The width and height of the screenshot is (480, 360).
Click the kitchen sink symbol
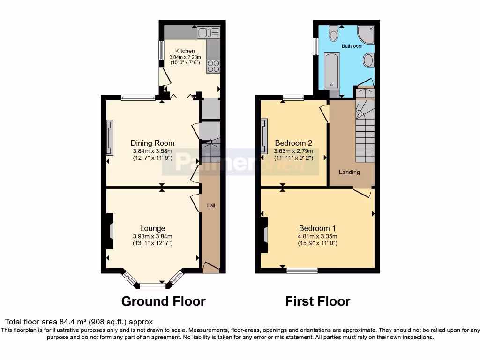pyautogui.click(x=209, y=32)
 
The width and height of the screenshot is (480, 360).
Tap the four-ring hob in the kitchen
pyautogui.click(x=213, y=67)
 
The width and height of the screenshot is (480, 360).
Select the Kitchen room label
pyautogui.click(x=185, y=51)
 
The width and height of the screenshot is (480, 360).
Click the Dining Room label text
pyautogui.click(x=152, y=143)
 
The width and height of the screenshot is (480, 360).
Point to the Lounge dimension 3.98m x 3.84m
pyautogui.click(x=152, y=236)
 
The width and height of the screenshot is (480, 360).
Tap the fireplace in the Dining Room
pyautogui.click(x=110, y=138)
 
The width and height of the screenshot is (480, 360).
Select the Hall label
pyautogui.click(x=211, y=205)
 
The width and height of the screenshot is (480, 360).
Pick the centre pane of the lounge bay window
pyautogui.click(x=149, y=285)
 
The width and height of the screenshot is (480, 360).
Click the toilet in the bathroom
pyautogui.click(x=334, y=34)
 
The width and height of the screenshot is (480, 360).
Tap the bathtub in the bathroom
pyautogui.click(x=332, y=70)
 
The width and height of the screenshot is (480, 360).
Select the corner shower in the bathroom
pyautogui.click(x=366, y=34)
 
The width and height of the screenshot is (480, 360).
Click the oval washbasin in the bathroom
pyautogui.click(x=368, y=60)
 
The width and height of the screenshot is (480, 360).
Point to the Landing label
pyautogui.click(x=350, y=172)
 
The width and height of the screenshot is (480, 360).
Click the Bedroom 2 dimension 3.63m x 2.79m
pyautogui.click(x=293, y=151)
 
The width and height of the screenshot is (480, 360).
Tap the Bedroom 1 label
pyautogui.click(x=317, y=228)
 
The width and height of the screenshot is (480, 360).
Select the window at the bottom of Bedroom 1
pyautogui.click(x=302, y=270)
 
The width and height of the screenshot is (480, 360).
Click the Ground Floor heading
pyautogui.click(x=163, y=301)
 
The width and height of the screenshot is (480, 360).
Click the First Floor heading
pyautogui.click(x=317, y=301)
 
